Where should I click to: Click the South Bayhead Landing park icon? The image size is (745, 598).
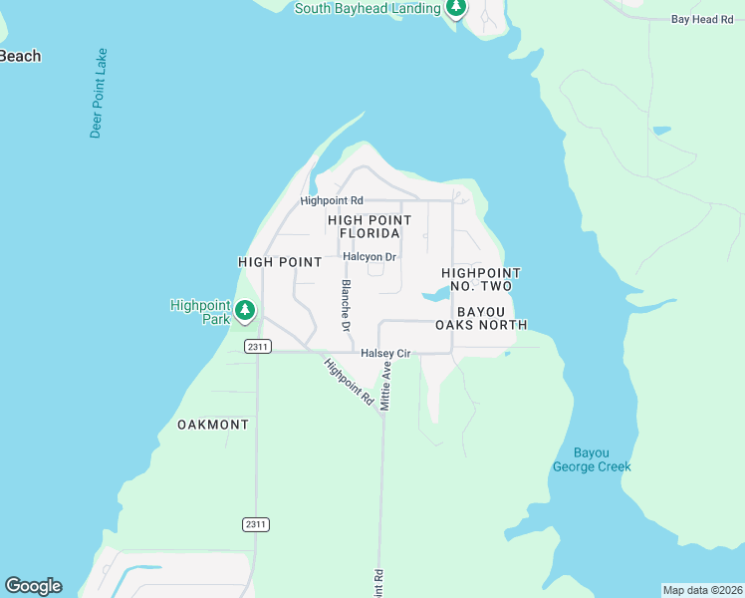[455, 9]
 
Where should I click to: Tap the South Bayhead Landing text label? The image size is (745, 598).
[368, 9]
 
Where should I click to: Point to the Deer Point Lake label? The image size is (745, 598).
[97, 93]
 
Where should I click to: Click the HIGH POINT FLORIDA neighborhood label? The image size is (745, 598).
[370, 226]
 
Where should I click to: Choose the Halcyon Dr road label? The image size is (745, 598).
[370, 257]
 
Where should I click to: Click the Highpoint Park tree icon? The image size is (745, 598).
[245, 314]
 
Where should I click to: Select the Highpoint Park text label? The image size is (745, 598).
[200, 312]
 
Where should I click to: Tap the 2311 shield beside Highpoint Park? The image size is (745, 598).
[257, 346]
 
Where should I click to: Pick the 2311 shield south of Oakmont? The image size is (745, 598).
[256, 524]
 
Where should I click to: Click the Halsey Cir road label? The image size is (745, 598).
[385, 354]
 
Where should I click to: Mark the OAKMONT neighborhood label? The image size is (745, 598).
[213, 425]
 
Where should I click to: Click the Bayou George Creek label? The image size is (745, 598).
[592, 459]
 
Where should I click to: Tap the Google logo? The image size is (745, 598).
[33, 586]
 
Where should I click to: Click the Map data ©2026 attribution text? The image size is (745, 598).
[702, 590]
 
